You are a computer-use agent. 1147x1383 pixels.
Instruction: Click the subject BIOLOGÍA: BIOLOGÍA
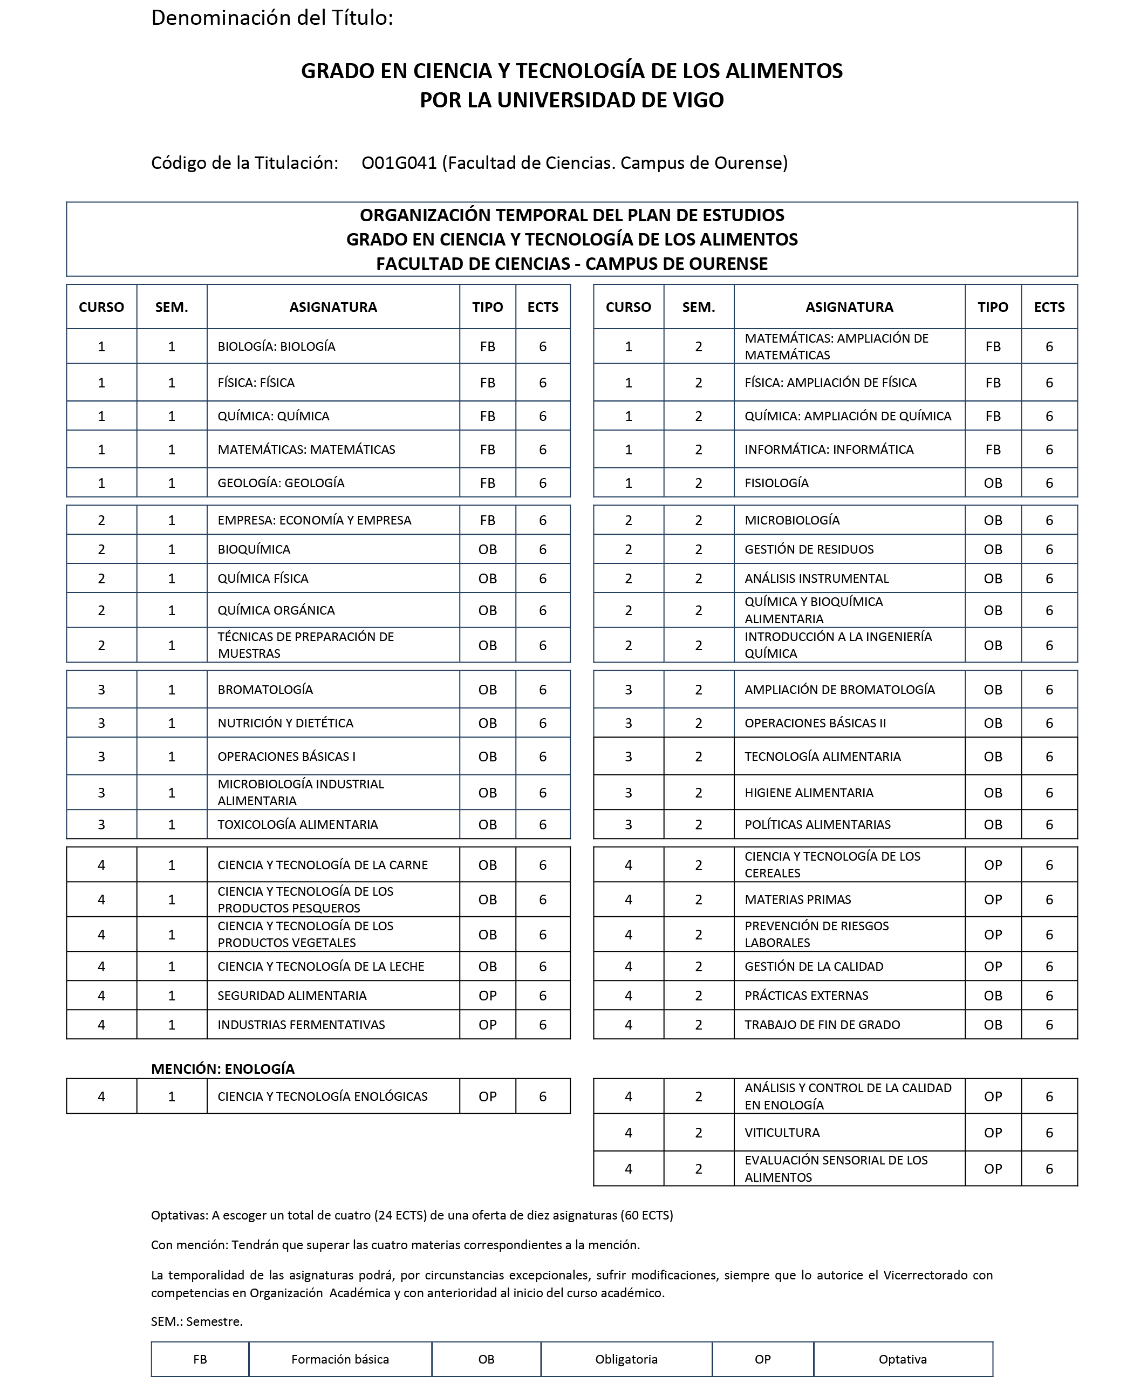point(277,346)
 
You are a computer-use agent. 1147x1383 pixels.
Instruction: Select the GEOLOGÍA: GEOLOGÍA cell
point(281,483)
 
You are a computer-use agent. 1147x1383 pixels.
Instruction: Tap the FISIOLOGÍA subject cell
point(776,483)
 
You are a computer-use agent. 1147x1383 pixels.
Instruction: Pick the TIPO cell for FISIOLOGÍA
point(992,483)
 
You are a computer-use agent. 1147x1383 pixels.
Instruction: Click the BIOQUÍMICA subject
point(254,549)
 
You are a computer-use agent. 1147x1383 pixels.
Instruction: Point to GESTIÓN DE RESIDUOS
point(809,549)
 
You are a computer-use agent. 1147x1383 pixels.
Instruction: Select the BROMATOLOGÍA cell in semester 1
point(265,690)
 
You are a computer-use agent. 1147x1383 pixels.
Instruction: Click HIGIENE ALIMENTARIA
point(809,792)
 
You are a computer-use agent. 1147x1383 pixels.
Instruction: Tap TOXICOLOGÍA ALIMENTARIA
point(298,825)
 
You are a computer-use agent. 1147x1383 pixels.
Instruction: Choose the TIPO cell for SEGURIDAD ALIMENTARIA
point(487,995)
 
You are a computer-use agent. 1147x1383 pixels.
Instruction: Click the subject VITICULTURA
point(782,1133)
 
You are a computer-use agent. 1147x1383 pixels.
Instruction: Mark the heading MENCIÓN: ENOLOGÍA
point(223,1069)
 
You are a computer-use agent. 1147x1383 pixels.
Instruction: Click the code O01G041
point(399,162)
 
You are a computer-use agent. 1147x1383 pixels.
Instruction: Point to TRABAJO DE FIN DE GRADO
point(822,1025)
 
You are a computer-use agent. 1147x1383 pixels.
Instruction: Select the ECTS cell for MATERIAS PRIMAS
point(1049,900)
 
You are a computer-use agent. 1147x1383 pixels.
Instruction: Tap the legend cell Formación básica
point(340,1359)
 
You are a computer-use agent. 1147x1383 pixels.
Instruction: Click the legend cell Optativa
point(902,1359)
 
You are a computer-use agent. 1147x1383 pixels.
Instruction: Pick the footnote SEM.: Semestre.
point(196,1321)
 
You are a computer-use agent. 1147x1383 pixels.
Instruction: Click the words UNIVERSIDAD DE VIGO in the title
point(610,100)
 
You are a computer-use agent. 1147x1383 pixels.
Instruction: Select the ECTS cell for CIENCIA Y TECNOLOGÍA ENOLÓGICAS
point(543,1096)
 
